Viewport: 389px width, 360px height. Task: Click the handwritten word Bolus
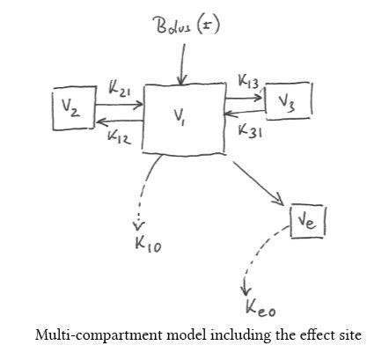coord(173,26)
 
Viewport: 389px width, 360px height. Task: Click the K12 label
coord(119,137)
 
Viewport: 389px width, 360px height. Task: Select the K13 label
coord(248,81)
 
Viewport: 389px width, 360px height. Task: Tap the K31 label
coord(250,130)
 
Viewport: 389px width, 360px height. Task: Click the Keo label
coord(261,308)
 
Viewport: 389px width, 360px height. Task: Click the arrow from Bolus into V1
coord(182,64)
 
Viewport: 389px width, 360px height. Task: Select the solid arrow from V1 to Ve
coord(258,183)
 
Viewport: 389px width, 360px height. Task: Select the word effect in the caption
coord(317,335)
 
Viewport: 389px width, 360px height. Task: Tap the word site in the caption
coord(350,335)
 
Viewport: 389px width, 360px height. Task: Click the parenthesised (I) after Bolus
coord(208,25)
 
